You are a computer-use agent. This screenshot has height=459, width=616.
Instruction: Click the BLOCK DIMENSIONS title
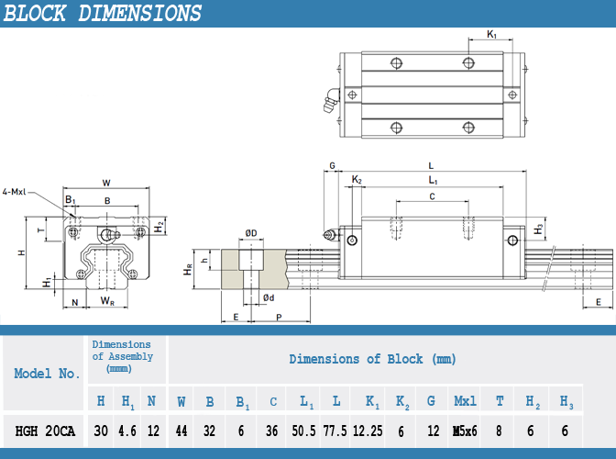(103, 14)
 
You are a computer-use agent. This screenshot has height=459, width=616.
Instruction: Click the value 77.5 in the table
(336, 430)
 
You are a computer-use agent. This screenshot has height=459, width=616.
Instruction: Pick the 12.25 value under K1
(371, 430)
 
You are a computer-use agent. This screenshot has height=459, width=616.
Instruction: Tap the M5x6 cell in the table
(465, 430)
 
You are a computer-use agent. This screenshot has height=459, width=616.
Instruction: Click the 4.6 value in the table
(126, 430)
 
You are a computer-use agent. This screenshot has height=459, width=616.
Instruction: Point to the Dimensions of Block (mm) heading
(372, 359)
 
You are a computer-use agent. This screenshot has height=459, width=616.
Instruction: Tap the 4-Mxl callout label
(15, 192)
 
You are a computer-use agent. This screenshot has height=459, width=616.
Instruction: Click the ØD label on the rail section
(250, 233)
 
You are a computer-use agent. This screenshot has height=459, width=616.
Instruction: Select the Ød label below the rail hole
(269, 297)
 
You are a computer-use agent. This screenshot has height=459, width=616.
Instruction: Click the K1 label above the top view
(492, 35)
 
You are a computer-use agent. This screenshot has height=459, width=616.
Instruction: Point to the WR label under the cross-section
(107, 300)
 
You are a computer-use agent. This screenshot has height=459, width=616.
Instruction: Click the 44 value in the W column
(181, 430)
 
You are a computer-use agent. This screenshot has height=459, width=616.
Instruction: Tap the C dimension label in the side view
(431, 196)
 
